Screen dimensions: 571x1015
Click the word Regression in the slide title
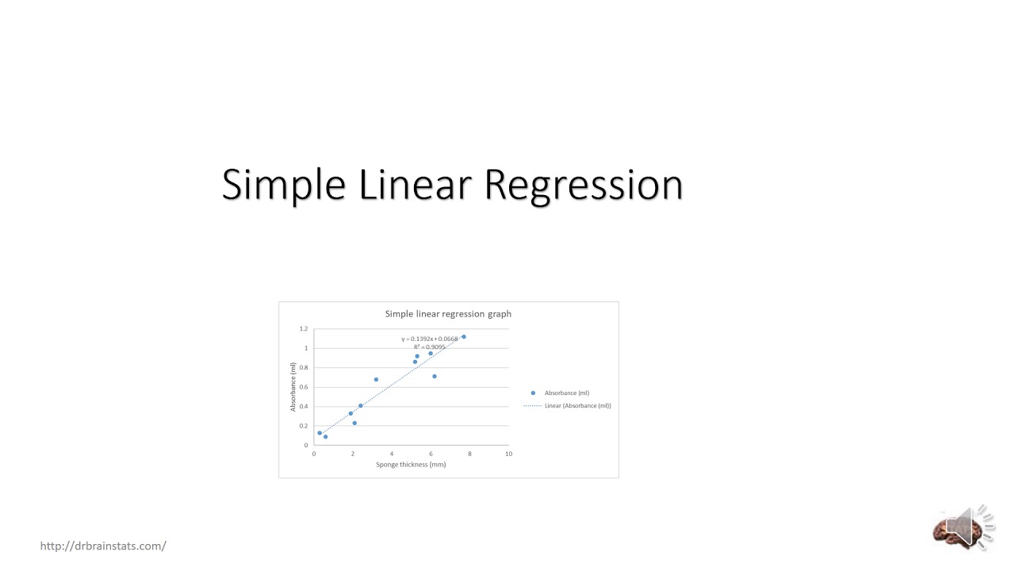(583, 185)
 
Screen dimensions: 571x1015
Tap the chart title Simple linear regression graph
(448, 314)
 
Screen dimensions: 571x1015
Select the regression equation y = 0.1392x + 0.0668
(429, 339)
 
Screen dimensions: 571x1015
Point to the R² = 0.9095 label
(429, 347)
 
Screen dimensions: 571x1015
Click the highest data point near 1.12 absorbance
(464, 337)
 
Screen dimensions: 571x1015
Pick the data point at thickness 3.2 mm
(376, 380)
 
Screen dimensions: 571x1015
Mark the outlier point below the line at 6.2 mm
(435, 377)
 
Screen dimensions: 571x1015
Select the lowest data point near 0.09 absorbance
(325, 437)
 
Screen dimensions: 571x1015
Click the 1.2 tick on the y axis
(304, 329)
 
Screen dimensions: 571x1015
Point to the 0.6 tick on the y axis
(304, 387)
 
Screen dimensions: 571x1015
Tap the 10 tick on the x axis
(508, 454)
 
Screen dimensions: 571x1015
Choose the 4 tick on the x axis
(392, 454)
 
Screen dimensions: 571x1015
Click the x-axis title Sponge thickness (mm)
(411, 465)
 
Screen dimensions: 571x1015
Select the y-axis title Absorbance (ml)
(293, 387)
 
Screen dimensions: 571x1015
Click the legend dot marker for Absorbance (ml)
(533, 393)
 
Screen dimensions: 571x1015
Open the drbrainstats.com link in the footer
(103, 546)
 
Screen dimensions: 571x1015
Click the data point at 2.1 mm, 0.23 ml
(354, 423)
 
